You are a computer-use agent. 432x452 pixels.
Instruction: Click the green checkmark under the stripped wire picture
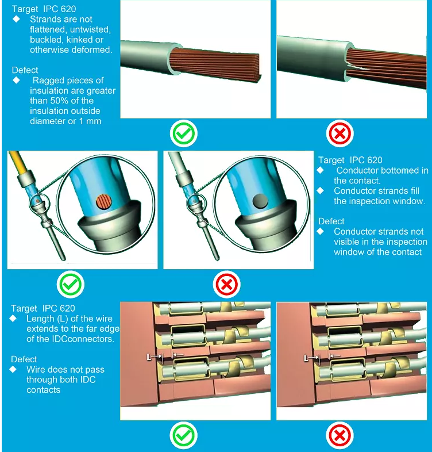[x=183, y=133]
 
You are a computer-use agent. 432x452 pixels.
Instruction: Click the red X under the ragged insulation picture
[x=340, y=133]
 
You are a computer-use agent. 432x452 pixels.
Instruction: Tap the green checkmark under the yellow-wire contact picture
[x=70, y=284]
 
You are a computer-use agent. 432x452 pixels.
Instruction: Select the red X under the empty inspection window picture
[x=227, y=285]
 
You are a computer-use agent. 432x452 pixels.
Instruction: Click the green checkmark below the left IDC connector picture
[x=183, y=435]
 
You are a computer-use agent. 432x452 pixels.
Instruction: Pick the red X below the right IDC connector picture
[x=340, y=435]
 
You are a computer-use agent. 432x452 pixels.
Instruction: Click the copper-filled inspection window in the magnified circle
[x=103, y=202]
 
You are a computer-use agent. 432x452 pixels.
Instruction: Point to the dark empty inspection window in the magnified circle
[x=260, y=201]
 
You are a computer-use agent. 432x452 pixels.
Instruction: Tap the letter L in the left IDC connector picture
[x=149, y=358]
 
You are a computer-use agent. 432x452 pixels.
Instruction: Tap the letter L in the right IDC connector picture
[x=306, y=358]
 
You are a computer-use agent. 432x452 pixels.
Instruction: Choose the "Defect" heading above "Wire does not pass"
[x=24, y=359]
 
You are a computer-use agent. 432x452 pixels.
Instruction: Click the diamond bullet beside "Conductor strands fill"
[x=320, y=190]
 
